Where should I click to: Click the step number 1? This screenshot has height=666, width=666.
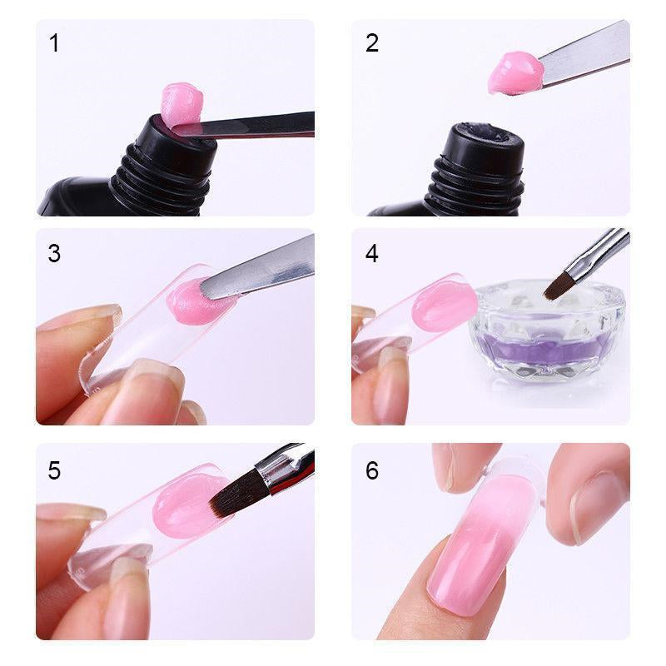[54, 43]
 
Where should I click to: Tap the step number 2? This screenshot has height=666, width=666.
[371, 43]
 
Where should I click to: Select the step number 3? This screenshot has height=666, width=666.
[54, 253]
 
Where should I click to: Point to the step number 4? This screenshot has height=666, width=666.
[371, 253]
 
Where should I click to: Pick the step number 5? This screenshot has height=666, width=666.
[54, 470]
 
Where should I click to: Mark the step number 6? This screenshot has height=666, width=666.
[371, 470]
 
